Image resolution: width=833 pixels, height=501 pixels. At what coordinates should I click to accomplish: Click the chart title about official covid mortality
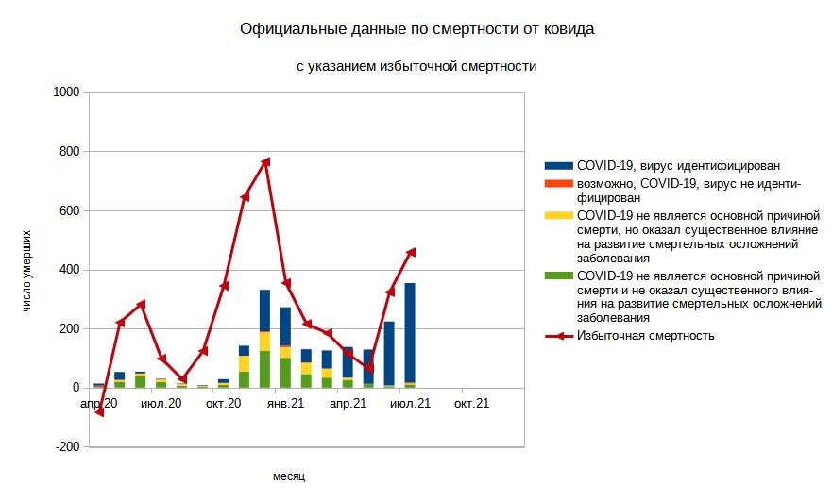pos(416,29)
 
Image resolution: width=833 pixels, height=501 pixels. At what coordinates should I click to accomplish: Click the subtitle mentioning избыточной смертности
pos(416,67)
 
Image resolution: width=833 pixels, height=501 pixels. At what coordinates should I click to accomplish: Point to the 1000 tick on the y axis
pos(66,92)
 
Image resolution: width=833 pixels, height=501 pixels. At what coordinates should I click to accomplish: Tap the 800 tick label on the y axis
pos(69,152)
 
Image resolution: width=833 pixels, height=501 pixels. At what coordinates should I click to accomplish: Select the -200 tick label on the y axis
pos(67,447)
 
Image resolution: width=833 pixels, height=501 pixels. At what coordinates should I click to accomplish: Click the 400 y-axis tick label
pos(69,270)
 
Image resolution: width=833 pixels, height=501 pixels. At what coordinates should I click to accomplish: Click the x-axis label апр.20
pos(98,404)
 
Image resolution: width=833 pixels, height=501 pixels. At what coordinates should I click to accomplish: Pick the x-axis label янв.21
pos(284,404)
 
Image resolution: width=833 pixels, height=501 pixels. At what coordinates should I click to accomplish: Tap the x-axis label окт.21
pos(471,404)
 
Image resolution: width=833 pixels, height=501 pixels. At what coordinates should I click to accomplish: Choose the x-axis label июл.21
pos(410,404)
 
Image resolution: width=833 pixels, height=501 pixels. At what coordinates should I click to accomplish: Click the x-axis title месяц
pos(289,476)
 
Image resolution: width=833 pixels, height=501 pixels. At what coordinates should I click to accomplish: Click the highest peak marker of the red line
pos(265,161)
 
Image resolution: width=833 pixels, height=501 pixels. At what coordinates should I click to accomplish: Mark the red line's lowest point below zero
pos(99,412)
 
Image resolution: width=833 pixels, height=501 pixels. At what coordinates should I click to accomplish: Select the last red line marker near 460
pos(411,251)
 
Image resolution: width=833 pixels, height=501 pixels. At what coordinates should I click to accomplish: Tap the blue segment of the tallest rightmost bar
pos(410,330)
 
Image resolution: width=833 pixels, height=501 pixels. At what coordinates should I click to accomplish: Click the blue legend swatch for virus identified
pos(559,165)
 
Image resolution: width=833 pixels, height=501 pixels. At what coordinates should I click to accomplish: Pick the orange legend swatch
pos(559,182)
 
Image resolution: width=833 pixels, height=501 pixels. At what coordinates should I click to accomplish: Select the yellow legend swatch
pos(559,215)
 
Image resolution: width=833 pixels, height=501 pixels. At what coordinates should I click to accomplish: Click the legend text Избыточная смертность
pos(645,335)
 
